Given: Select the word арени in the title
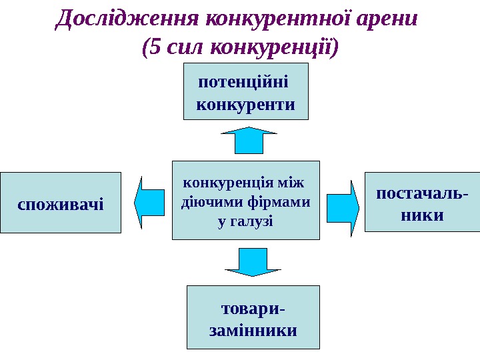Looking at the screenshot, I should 388,18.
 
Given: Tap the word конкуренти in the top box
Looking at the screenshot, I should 247,105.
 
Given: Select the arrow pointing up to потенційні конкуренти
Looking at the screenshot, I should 249,140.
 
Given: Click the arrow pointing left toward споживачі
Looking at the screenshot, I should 149,201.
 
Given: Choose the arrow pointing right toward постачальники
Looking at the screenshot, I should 344,207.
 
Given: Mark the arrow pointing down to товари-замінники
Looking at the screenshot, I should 253,262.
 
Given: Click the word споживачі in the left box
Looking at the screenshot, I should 61,203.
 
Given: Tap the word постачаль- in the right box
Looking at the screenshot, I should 422,193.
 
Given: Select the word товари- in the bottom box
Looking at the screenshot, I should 252,309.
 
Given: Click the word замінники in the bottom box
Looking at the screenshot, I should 253,330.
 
